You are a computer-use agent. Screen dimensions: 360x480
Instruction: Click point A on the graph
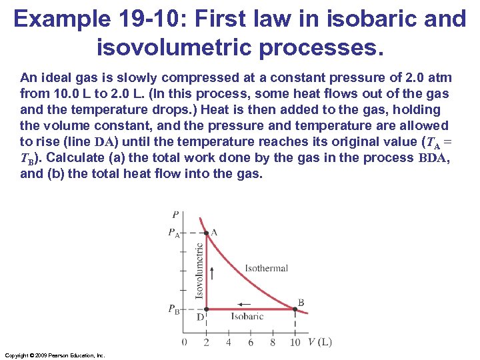pos(207,233)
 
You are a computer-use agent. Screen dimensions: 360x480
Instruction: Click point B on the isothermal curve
pos(295,309)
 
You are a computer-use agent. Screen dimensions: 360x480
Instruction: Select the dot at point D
pos(207,309)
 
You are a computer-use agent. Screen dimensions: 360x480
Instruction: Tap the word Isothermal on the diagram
pos(266,268)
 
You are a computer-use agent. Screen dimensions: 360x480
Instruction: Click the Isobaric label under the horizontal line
pos(247,317)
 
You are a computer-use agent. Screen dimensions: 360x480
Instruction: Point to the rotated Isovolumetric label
pos(199,271)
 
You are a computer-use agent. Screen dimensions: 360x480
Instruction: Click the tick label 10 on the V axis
pos(295,343)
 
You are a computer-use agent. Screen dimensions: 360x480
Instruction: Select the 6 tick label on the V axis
pos(251,343)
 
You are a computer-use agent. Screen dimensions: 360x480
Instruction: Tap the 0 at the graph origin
pos(184,343)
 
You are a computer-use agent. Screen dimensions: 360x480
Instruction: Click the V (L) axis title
pos(319,342)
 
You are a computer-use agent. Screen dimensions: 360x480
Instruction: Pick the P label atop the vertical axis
pos(175,215)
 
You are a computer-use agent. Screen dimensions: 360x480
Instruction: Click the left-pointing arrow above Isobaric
pos(244,305)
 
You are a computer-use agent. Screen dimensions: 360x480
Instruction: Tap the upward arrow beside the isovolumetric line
pos(212,271)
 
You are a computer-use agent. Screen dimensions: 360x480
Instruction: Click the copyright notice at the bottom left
pos(54,355)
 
